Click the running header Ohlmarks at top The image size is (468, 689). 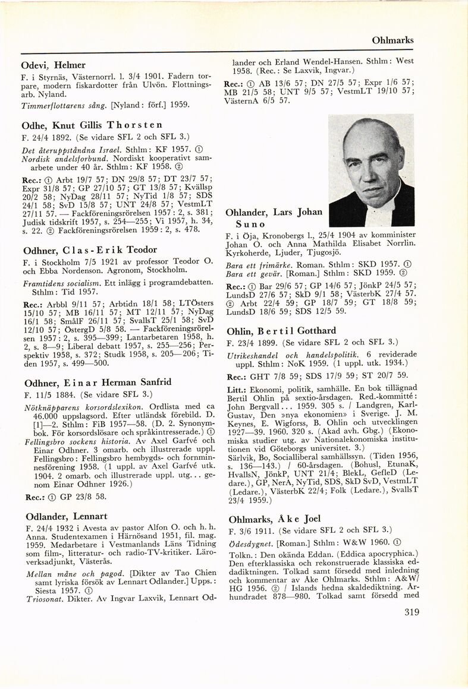point(392,40)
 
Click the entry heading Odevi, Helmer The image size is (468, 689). point(53,65)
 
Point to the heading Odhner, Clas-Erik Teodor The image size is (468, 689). point(89,249)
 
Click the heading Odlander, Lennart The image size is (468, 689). point(65,516)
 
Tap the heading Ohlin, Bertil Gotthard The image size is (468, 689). point(281,331)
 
